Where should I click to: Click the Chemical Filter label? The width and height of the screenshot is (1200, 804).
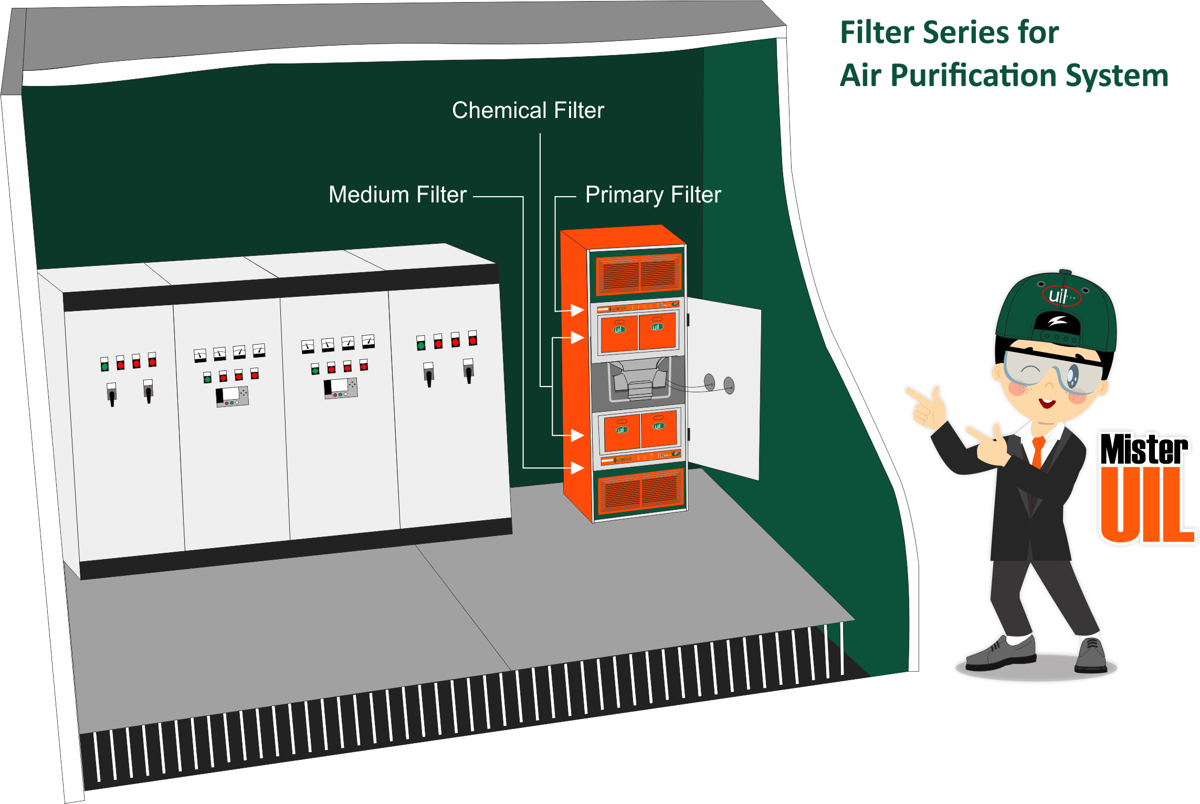coord(528,111)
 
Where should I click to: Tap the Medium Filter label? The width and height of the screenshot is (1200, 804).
coord(397,195)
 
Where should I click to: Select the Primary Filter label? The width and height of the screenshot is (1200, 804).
coord(653,195)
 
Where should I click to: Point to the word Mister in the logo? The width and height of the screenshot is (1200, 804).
coord(1144,449)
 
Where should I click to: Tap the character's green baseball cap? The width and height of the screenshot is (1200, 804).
coord(1055,309)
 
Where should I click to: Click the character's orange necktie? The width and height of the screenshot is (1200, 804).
coord(1037,452)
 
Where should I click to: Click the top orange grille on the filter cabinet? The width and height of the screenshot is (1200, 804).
coord(639,273)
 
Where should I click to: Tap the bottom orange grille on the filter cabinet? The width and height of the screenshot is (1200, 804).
coord(641,491)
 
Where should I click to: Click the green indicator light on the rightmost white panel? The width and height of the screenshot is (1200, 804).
coord(421,345)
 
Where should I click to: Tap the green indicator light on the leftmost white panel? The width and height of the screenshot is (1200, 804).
coord(105,366)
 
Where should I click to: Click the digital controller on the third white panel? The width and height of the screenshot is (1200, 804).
coord(340,388)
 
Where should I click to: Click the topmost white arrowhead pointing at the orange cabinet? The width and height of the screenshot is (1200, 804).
coord(577,310)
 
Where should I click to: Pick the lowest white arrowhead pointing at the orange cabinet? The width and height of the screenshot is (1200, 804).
coord(577,468)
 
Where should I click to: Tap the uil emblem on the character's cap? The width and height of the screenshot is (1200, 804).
coord(1060,296)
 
